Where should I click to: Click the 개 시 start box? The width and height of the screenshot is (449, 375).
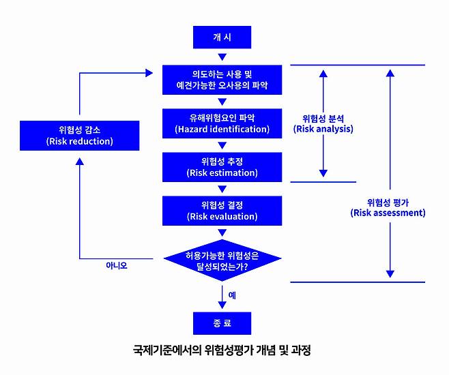coord(222,37)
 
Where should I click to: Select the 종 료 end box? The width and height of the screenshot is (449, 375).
coord(222,321)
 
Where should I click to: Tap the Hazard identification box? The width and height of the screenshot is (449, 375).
coord(222,123)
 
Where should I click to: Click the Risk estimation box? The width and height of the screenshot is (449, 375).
coord(222,166)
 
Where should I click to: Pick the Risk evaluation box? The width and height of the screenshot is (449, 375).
coord(222,211)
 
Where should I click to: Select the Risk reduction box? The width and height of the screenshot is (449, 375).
coord(80,135)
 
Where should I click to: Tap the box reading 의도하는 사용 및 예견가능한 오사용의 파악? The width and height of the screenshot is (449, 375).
coord(222,80)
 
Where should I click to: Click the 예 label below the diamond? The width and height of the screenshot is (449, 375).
coord(232,295)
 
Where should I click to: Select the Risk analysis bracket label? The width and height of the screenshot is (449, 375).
coord(323,122)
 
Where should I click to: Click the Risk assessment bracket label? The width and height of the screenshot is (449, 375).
coord(388,207)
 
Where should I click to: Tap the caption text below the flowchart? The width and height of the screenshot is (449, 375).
coord(222,353)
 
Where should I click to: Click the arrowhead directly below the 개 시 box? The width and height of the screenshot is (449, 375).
coord(222,57)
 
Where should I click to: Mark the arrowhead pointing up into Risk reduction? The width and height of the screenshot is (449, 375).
coord(80,162)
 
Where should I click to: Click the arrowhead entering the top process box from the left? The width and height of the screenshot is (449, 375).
coord(150,72)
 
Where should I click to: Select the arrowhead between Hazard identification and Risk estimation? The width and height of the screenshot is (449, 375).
coord(222,145)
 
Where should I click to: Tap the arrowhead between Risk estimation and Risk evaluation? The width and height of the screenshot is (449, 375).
coord(222,189)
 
